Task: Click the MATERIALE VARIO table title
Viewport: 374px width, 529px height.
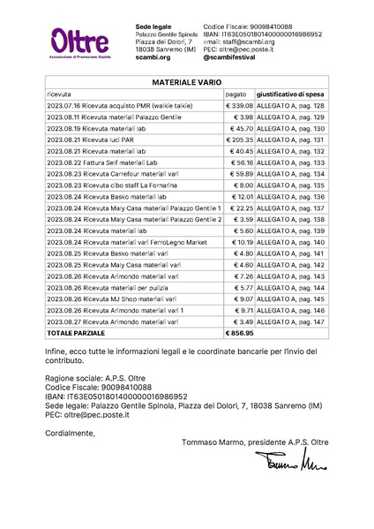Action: pyautogui.click(x=186, y=81)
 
